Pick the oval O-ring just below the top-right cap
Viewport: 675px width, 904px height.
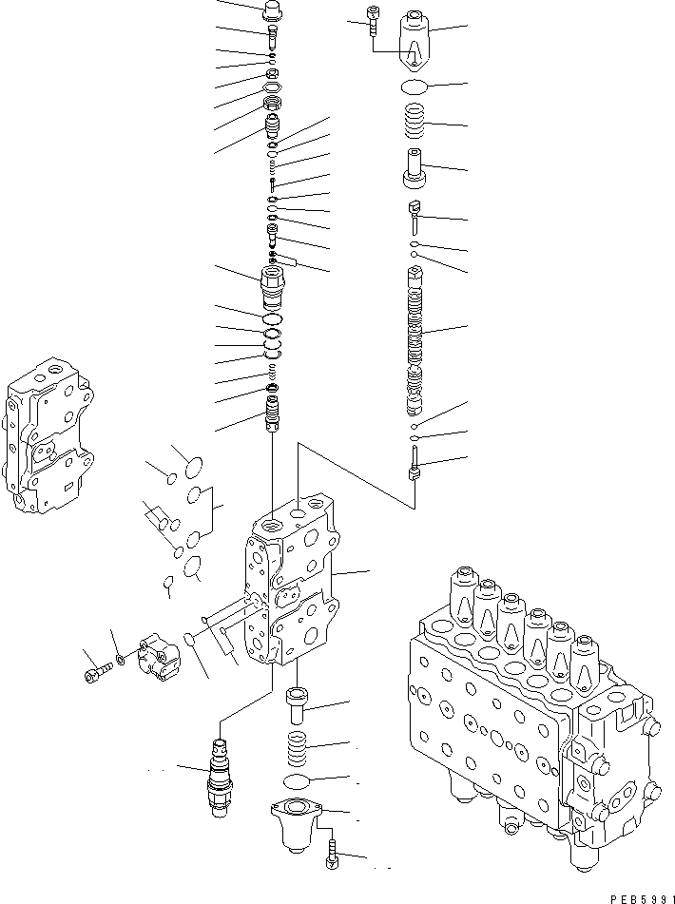[415, 88]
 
